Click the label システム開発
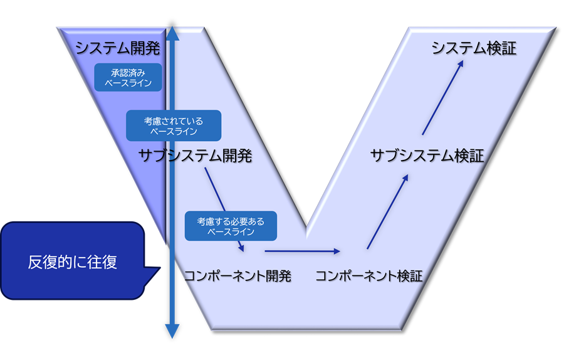click(x=118, y=48)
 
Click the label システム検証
click(x=474, y=48)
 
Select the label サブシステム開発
click(x=195, y=156)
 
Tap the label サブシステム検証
click(x=427, y=156)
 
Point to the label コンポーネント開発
click(x=238, y=276)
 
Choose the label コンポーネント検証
click(x=368, y=276)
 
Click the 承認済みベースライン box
click(x=128, y=77)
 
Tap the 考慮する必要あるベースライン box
click(x=231, y=226)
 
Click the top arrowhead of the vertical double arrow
click(x=172, y=33)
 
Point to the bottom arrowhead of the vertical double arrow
click(x=172, y=332)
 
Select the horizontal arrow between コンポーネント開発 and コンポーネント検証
click(x=302, y=251)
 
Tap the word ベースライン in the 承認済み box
click(x=128, y=83)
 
